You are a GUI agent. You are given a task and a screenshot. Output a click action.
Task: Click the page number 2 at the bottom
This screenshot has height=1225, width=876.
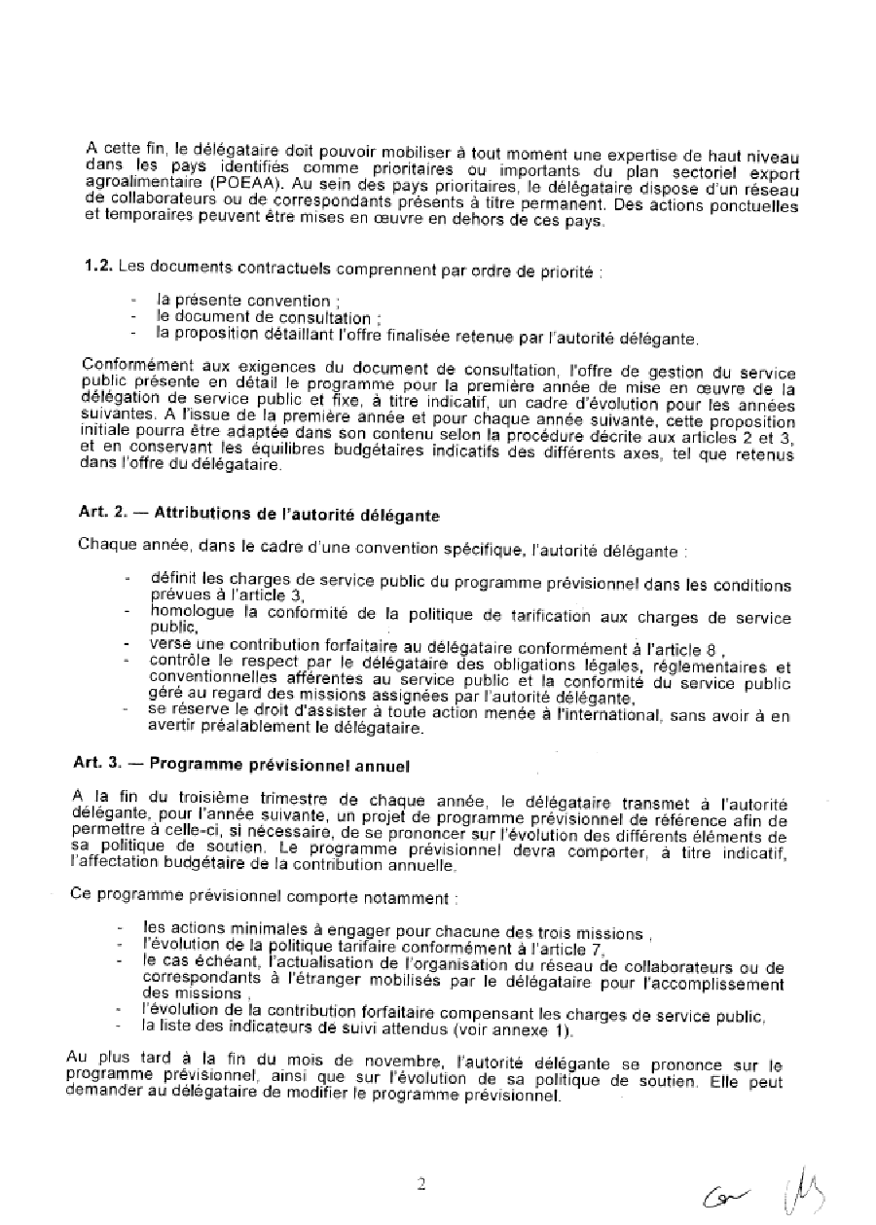[x=421, y=1184]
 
